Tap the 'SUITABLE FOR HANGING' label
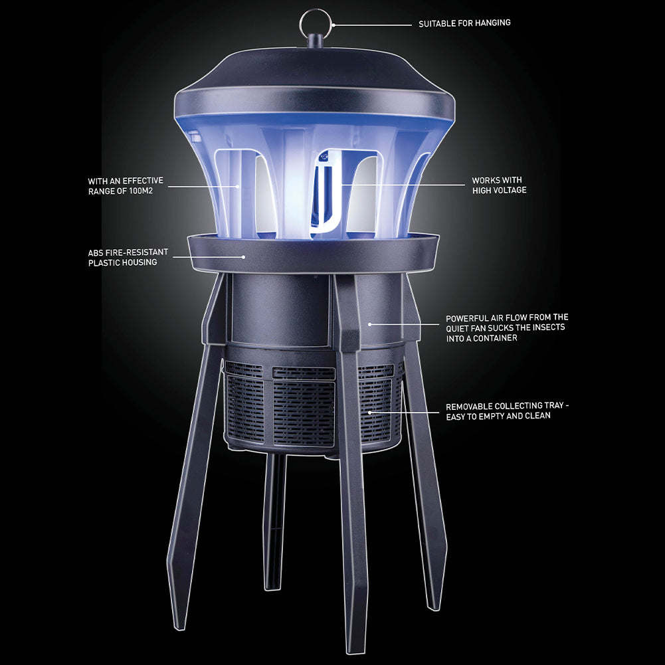464,23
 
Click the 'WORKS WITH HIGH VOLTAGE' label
499,185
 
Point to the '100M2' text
141,191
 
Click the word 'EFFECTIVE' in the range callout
142,181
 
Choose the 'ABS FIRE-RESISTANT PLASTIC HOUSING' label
128,258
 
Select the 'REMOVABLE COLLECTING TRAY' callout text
507,411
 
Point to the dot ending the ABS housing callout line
243,256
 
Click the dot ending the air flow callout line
369,324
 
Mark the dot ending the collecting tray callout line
369,412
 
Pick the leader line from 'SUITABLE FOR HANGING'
373,25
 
